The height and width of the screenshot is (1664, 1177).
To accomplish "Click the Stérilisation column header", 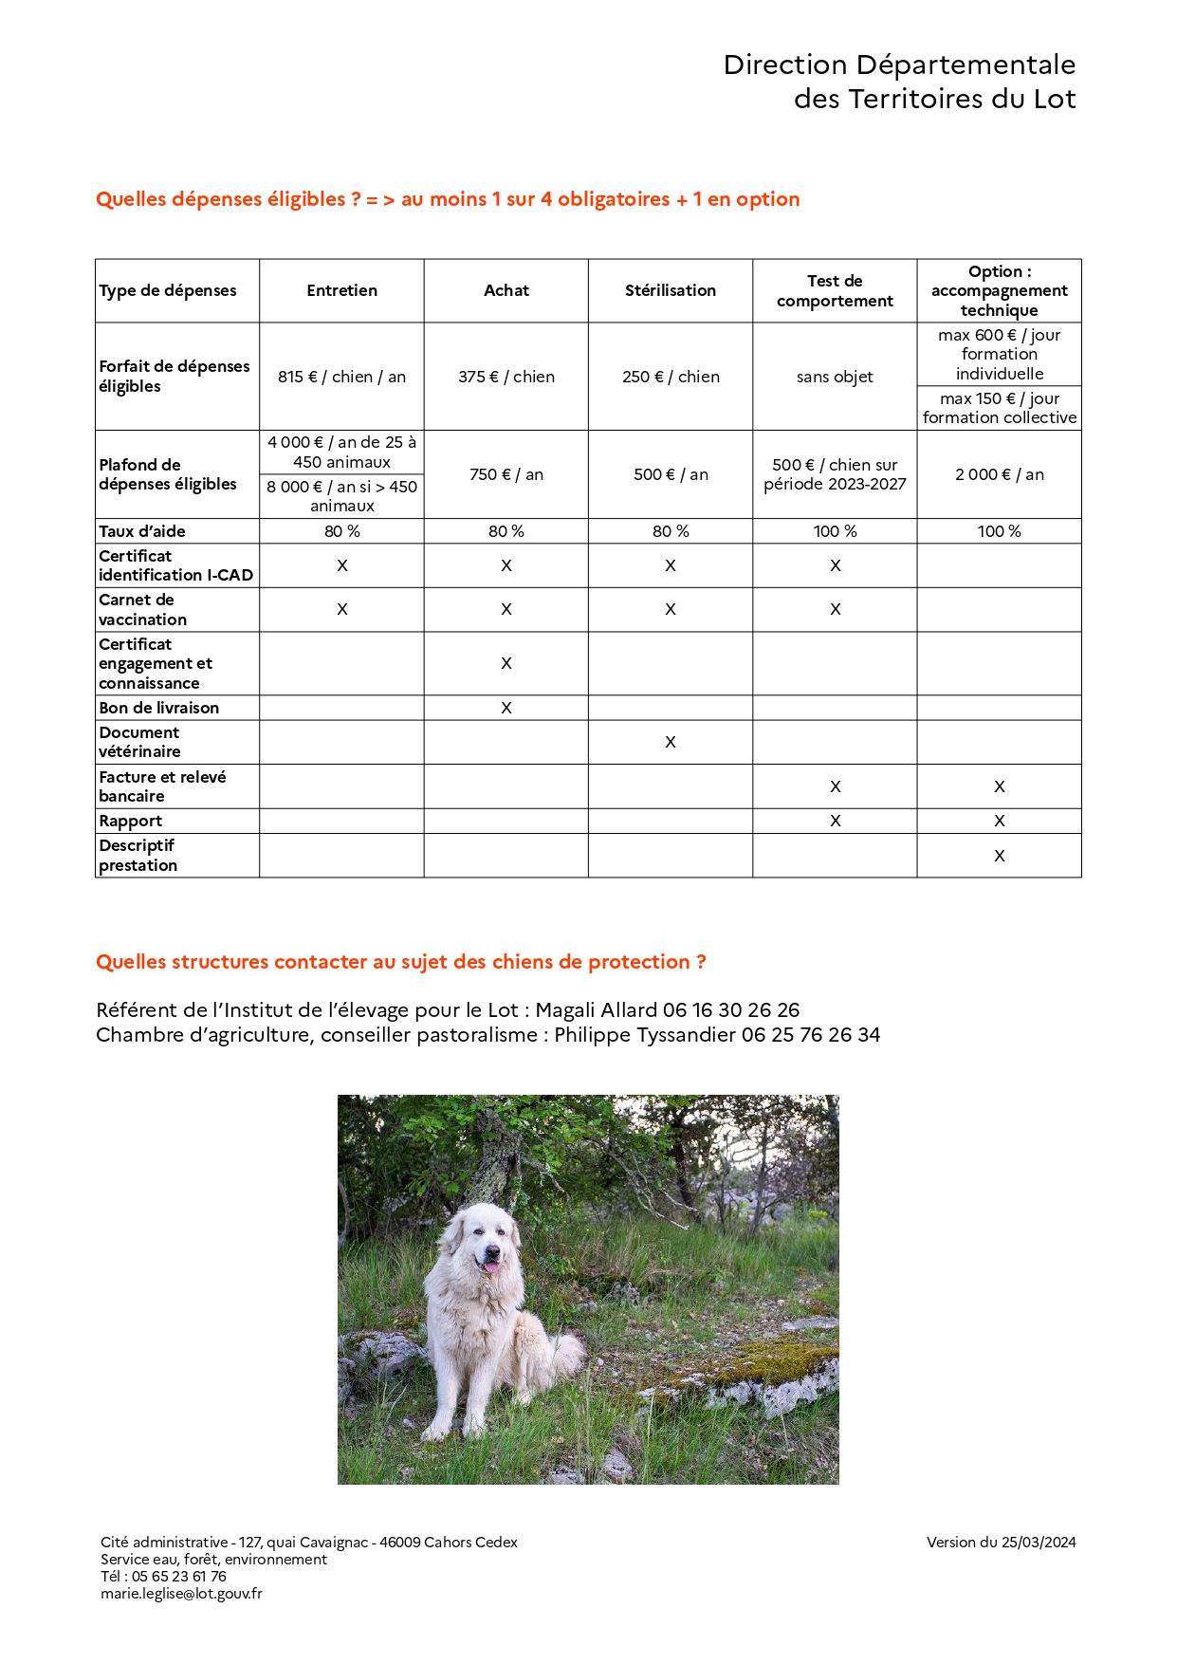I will pos(671,290).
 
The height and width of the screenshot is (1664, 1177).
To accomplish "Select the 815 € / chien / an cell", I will pos(341,377).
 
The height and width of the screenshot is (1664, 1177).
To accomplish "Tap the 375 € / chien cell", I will pos(506,377).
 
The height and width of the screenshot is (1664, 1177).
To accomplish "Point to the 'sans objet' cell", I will pos(835,377).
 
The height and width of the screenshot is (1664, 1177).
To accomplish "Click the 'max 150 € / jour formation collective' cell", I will pos(1000,408).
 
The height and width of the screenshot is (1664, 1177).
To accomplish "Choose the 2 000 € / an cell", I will pos(1000,474).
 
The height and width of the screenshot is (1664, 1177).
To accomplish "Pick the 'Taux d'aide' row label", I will pos(142,531).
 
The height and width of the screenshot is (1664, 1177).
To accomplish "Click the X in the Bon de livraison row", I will pos(506,708).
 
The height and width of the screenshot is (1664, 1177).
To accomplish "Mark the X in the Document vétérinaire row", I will pos(671,742).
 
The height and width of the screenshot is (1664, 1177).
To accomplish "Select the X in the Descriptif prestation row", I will pos(1000,856).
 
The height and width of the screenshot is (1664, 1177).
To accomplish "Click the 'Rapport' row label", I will pos(131,821).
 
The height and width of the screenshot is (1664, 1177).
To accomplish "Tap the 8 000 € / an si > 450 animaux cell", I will pos(341,496).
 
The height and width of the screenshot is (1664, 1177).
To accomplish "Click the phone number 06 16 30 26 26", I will pos(731,1010).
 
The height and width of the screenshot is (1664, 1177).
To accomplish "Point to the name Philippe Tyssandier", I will pos(645,1035).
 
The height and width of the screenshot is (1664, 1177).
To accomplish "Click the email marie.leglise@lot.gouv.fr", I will pos(181,1594).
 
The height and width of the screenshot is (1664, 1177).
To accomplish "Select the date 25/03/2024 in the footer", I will pos(1039,1543).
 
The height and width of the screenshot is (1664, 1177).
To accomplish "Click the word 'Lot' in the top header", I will pos(1055,99).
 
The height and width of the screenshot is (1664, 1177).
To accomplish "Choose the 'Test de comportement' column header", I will pos(835,290).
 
